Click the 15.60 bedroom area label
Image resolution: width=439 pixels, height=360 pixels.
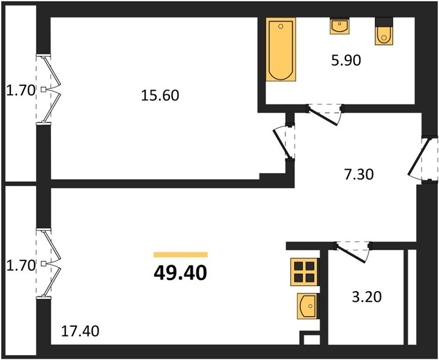pyautogui.click(x=160, y=95)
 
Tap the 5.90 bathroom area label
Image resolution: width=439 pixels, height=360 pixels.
pyautogui.click(x=346, y=61)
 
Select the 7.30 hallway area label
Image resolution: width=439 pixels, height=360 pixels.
pyautogui.click(x=359, y=175)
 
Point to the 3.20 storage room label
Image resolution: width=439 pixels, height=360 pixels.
pyautogui.click(x=366, y=297)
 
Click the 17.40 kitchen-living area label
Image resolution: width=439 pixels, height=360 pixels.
pyautogui.click(x=80, y=331)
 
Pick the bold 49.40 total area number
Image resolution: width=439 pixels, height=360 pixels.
pyautogui.click(x=180, y=273)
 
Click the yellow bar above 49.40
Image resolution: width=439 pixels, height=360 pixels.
pyautogui.click(x=181, y=254)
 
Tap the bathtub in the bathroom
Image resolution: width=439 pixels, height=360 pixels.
pyautogui.click(x=281, y=50)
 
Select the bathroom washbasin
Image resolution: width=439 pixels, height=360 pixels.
pyautogui.click(x=339, y=26)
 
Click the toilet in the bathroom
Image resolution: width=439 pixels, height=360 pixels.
pyautogui.click(x=384, y=31)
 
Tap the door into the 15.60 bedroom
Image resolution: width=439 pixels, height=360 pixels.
pyautogui.click(x=283, y=143)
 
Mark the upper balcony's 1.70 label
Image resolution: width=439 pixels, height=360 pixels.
pyautogui.click(x=20, y=91)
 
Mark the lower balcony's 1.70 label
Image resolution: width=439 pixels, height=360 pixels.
pyautogui.click(x=20, y=265)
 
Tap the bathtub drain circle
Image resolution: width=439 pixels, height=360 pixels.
pyautogui.click(x=281, y=26)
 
